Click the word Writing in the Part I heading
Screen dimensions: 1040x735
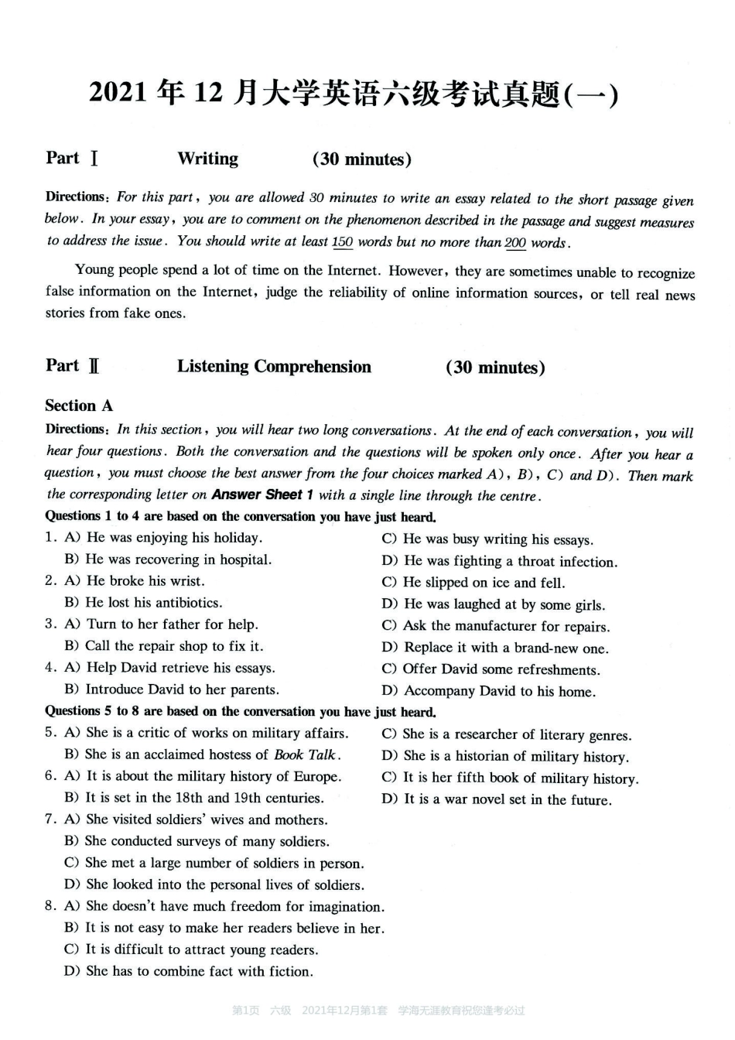pyautogui.click(x=207, y=159)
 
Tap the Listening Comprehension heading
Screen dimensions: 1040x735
pyautogui.click(x=274, y=366)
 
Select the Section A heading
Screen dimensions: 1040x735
pyautogui.click(x=79, y=405)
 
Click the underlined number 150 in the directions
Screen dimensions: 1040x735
pyautogui.click(x=342, y=241)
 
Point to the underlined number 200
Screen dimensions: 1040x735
pyautogui.click(x=515, y=243)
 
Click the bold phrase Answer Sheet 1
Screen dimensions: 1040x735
pyautogui.click(x=262, y=494)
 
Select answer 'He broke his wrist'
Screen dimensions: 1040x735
pyautogui.click(x=145, y=581)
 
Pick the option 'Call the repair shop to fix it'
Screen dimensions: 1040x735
pyautogui.click(x=173, y=646)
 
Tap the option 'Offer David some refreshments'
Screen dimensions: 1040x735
pyautogui.click(x=501, y=670)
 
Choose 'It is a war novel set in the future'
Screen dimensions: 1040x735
pyautogui.click(x=507, y=800)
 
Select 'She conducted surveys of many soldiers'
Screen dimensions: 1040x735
pyautogui.click(x=207, y=841)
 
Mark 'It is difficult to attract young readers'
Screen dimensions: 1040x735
pyautogui.click(x=201, y=949)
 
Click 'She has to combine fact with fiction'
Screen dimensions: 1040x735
pyautogui.click(x=199, y=971)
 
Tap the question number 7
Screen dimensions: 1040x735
pyautogui.click(x=50, y=819)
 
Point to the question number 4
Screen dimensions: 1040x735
pyautogui.click(x=50, y=668)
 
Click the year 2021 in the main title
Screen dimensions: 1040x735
pyautogui.click(x=118, y=93)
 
